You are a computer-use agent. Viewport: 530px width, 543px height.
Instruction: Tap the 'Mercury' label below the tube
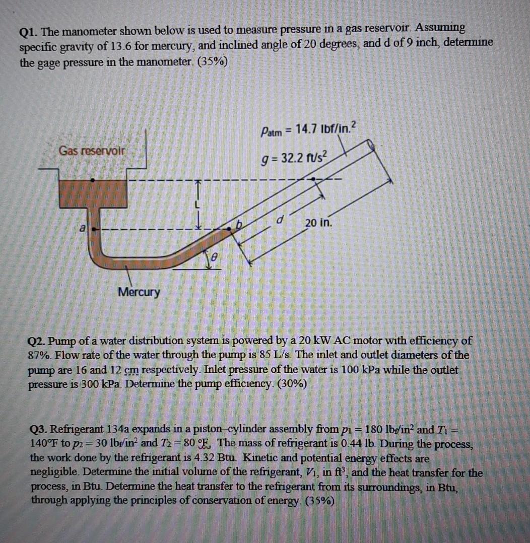point(139,292)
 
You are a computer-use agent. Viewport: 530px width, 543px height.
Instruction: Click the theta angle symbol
point(215,257)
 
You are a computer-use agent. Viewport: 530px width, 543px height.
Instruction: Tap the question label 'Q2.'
point(36,341)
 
